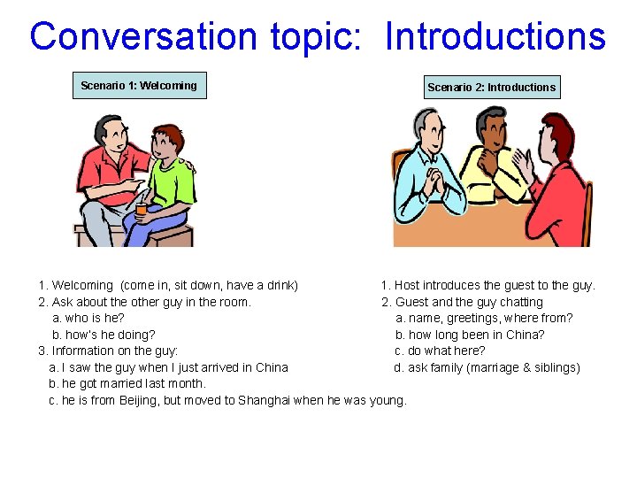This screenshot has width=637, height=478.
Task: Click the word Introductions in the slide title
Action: (x=495, y=37)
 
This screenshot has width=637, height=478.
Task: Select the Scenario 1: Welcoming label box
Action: (x=139, y=86)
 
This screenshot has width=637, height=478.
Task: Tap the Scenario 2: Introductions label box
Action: (x=491, y=87)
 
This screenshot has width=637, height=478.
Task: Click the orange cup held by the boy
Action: (x=142, y=209)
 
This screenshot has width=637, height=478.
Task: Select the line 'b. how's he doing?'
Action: (x=104, y=335)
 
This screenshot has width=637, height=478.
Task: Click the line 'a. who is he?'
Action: (x=88, y=318)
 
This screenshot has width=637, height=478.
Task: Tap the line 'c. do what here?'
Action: (x=440, y=351)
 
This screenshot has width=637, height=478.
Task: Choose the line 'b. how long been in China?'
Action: (x=470, y=335)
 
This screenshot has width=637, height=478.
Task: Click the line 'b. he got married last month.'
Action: (x=127, y=383)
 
